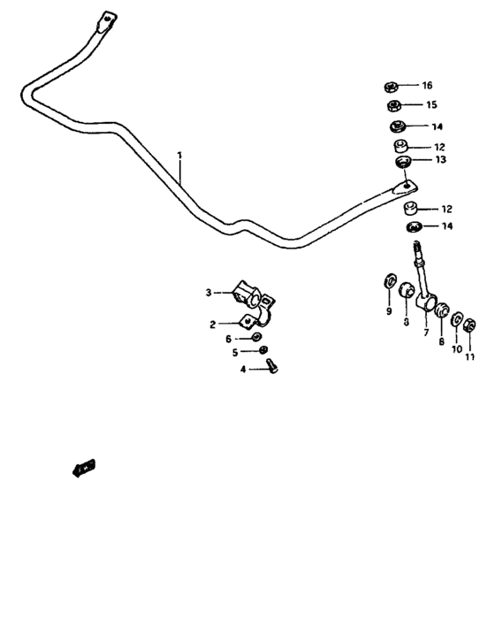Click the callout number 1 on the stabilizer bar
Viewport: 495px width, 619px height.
coord(179,156)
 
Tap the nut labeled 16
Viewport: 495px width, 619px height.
coord(391,87)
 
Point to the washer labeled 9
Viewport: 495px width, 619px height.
coord(387,283)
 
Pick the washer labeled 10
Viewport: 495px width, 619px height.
coord(457,318)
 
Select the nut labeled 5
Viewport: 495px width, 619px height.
coord(263,351)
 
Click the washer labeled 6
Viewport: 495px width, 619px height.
coord(255,337)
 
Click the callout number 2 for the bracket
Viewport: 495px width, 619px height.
coord(213,325)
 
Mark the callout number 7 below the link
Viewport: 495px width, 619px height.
coord(425,333)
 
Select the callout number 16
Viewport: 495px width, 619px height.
coord(427,86)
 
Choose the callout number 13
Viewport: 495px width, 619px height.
coord(439,160)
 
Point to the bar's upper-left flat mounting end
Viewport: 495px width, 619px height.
coord(103,21)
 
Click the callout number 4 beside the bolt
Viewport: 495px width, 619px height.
coord(243,370)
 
